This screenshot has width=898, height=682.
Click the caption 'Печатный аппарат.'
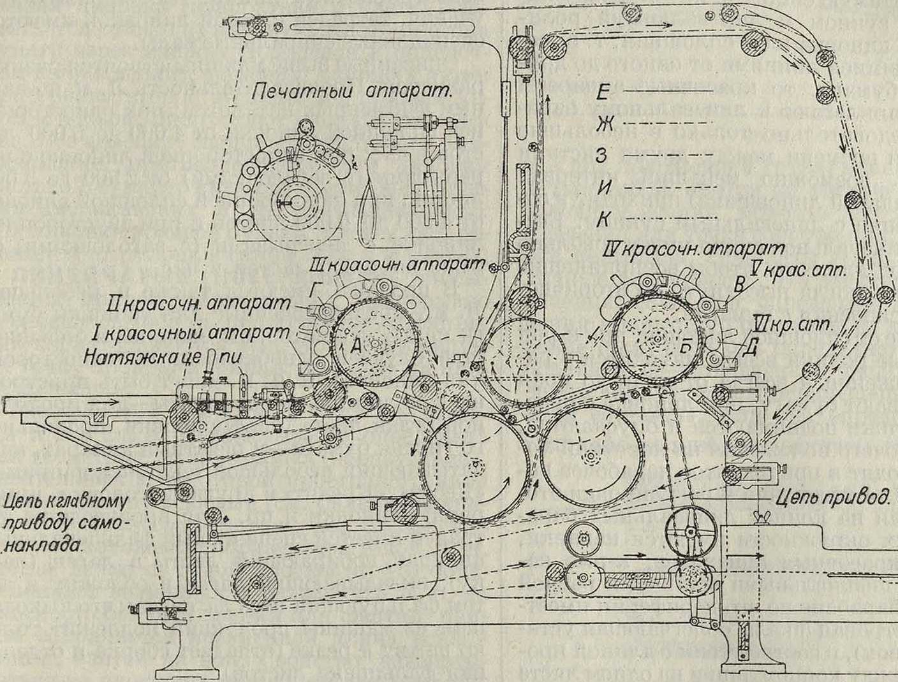point(351,91)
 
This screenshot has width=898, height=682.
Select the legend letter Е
point(605,91)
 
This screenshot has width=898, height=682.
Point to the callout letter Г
point(331,292)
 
